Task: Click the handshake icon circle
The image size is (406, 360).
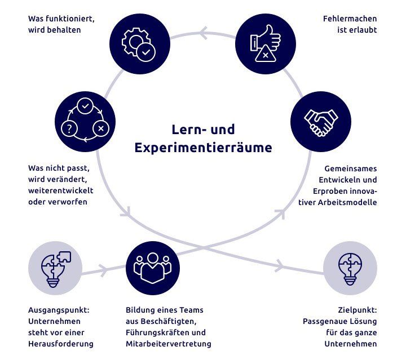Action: click(321, 122)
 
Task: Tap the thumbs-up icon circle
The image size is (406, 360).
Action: click(266, 44)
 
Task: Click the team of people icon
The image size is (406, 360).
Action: click(153, 268)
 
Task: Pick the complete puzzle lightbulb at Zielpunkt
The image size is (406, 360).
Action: click(350, 268)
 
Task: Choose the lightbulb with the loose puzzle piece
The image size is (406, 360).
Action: click(55, 268)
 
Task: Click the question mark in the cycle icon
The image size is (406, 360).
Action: click(69, 128)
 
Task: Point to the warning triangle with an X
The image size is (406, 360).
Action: click(266, 54)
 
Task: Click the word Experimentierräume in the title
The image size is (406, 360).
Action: click(203, 148)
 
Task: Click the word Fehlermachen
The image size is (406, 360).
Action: click(350, 19)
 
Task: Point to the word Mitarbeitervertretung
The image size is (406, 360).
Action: click(169, 344)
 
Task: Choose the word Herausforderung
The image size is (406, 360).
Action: click(61, 344)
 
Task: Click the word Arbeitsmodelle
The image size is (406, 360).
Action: click(347, 202)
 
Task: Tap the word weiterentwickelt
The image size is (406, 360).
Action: click(60, 190)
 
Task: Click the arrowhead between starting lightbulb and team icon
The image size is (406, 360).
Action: click(104, 270)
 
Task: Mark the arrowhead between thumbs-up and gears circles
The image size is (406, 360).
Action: click(204, 33)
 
